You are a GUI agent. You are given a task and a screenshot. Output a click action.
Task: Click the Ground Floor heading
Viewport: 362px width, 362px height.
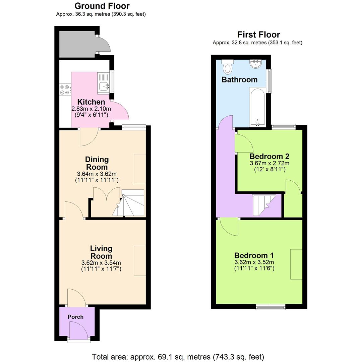coord(102,6)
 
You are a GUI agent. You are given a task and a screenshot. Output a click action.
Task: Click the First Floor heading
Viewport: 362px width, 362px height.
coord(258,35)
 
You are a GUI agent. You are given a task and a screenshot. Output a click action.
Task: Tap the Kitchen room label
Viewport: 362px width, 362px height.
coord(91,102)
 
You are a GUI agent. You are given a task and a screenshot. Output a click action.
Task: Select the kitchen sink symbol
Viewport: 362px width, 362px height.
coord(104,86)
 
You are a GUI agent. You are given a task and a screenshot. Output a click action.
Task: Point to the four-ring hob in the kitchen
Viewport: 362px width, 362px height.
coord(65,89)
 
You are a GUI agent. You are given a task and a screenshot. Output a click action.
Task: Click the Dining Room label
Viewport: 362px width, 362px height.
coord(97,163)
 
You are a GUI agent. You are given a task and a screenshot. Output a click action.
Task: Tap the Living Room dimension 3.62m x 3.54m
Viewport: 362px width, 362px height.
coord(101,263)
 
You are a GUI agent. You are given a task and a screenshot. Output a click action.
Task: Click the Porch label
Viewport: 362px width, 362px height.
coord(75,317)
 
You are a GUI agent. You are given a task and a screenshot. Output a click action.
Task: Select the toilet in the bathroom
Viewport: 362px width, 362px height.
coord(228,67)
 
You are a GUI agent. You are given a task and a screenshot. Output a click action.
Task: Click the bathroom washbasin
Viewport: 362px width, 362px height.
coord(256,64)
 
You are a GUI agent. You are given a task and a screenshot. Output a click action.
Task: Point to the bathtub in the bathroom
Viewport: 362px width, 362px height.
coord(257,107)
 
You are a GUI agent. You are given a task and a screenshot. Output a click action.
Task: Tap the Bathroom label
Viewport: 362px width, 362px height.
coord(239,80)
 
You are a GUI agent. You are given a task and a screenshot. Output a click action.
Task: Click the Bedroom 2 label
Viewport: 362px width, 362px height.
coord(269,156)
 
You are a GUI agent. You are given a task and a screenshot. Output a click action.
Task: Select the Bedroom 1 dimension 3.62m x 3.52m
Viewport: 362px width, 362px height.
coord(254,262)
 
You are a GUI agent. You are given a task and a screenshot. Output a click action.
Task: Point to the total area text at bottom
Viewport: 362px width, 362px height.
coord(178,357)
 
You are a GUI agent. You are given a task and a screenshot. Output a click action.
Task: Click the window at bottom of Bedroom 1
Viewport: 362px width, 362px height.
coord(270,307)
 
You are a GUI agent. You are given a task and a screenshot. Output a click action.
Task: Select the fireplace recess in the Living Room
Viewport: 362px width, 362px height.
coord(140,261)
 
